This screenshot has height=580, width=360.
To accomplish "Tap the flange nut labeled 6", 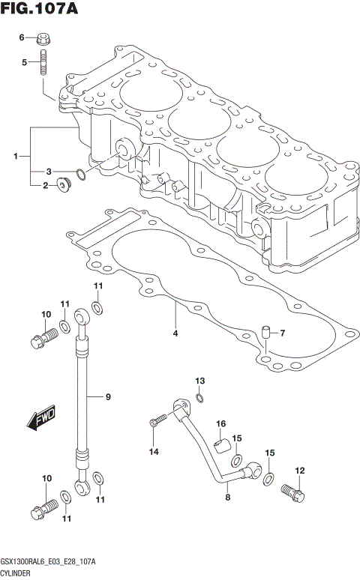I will point(43,37).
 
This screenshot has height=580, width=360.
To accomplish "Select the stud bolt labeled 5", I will point(44,62).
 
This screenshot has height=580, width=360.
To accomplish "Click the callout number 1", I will point(15,157).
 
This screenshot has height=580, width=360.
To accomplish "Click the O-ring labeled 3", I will point(82,175).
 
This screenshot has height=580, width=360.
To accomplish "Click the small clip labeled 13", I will point(199,398).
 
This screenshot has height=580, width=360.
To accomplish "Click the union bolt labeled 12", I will point(294,492).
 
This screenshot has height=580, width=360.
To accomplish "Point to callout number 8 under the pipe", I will point(227,496).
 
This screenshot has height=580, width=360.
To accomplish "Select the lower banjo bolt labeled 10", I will point(41,506).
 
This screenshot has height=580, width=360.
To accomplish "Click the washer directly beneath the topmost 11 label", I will point(97,306).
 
